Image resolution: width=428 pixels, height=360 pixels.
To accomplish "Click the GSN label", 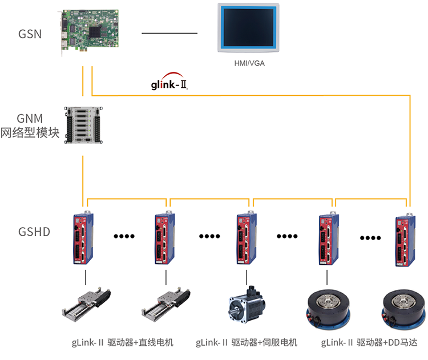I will tap(30, 34).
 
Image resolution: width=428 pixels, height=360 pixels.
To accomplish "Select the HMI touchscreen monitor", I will tap(249, 29).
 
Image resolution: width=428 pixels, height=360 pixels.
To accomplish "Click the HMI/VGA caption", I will tap(249, 63).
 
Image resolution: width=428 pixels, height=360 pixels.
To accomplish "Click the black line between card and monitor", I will tap(169, 34).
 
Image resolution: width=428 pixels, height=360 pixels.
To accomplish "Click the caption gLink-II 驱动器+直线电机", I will tap(122, 343).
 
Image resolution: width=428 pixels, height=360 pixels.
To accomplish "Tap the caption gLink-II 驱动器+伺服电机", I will tap(247, 343).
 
